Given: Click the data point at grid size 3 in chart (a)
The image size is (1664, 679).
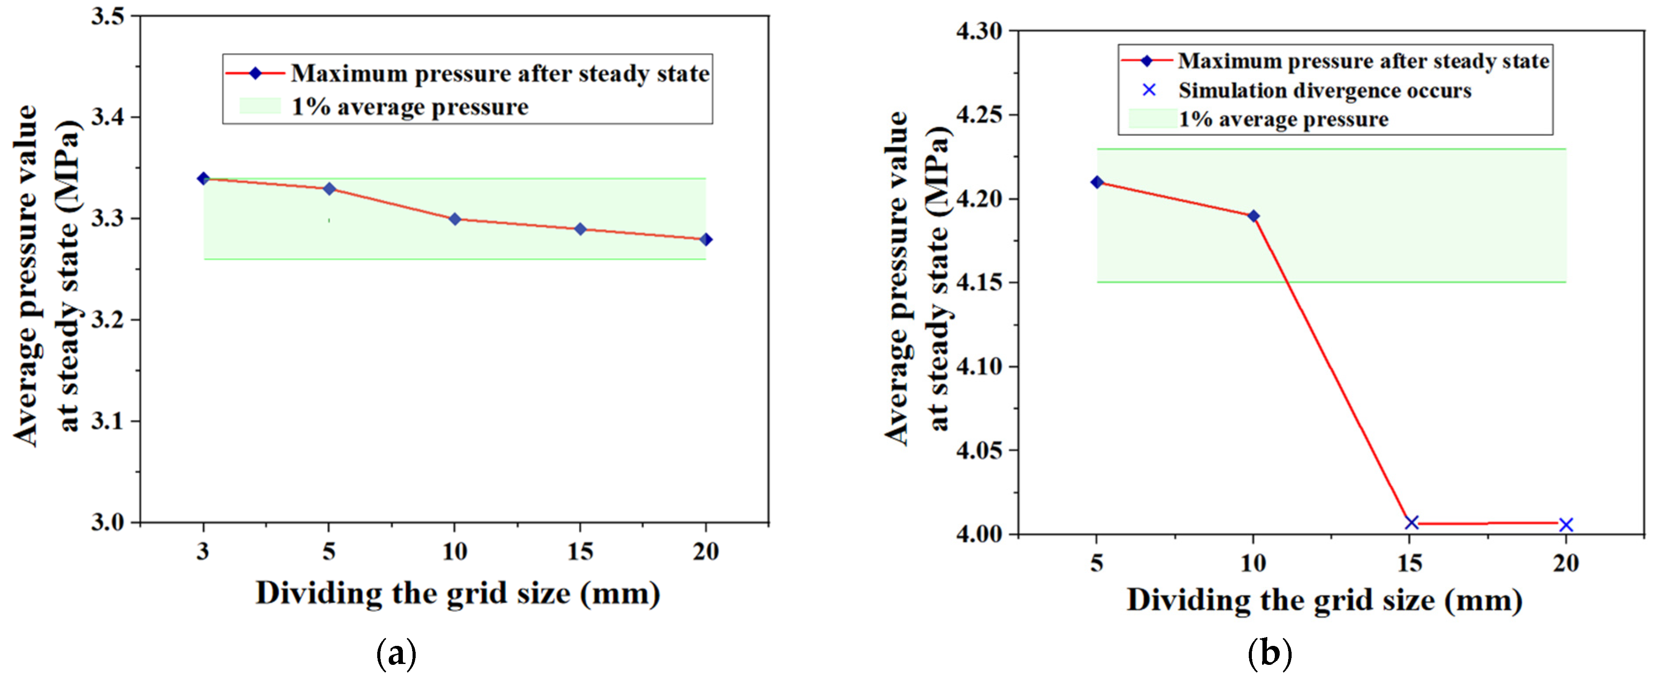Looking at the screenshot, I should pyautogui.click(x=204, y=178).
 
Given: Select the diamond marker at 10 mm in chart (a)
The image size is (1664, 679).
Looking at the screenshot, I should pyautogui.click(x=455, y=219).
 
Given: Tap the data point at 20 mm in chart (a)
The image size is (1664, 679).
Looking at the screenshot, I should pyautogui.click(x=706, y=239).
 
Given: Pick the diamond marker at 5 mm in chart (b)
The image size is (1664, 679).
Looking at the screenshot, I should pyautogui.click(x=1097, y=182).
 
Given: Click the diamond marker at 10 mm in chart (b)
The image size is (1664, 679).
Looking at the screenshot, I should pyautogui.click(x=1253, y=215).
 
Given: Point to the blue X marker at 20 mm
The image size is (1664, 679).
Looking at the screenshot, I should pyautogui.click(x=1566, y=525).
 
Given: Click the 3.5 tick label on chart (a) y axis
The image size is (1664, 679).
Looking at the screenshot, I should pyautogui.click(x=107, y=16).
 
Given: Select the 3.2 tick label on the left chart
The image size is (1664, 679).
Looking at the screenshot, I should pyautogui.click(x=107, y=320).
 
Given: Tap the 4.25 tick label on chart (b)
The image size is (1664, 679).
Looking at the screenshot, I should pyautogui.click(x=978, y=115).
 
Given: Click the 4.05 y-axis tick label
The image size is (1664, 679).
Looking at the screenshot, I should pyautogui.click(x=978, y=450).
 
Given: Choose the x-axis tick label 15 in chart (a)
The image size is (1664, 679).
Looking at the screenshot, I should pyautogui.click(x=580, y=552).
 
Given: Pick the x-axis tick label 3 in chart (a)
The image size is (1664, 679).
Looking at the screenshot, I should pyautogui.click(x=204, y=552).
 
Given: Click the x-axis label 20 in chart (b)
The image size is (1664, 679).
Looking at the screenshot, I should pyautogui.click(x=1566, y=563).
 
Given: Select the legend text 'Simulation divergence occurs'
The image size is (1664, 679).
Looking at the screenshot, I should pyautogui.click(x=1324, y=91).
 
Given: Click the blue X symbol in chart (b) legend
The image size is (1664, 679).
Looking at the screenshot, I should pyautogui.click(x=1149, y=90).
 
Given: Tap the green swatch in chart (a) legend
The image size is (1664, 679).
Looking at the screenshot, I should pyautogui.click(x=260, y=106).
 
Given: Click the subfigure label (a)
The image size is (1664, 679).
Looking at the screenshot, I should pyautogui.click(x=396, y=654).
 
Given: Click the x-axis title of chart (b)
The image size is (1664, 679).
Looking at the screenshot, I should pyautogui.click(x=1324, y=600).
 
